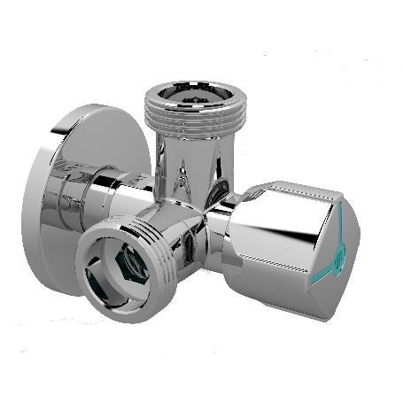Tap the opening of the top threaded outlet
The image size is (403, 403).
pos(189,91)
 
